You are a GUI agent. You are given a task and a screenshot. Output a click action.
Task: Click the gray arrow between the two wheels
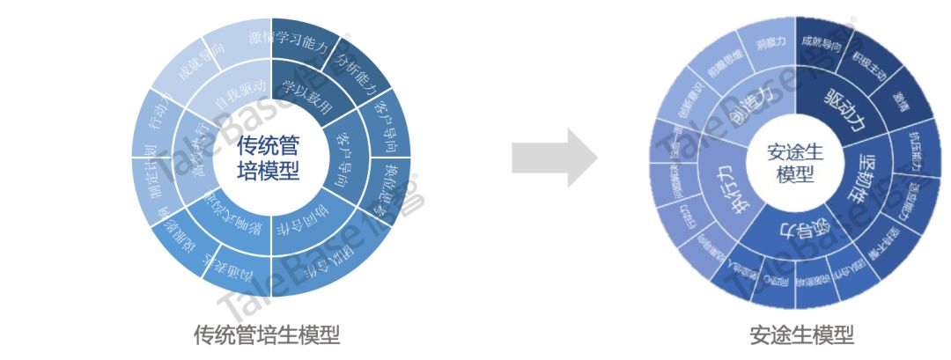pos(554,158)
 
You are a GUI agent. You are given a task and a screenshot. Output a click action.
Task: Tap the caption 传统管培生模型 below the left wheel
pos(267,334)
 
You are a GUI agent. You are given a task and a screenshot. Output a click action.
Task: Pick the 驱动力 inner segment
pos(842,110)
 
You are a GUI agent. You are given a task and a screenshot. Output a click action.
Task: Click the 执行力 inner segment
pos(725,186)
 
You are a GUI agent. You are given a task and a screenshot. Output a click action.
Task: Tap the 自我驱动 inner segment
pos(232,92)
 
